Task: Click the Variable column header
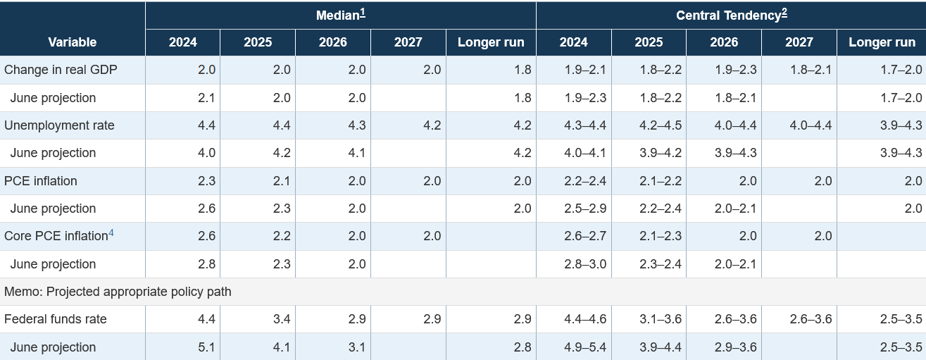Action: point(73,42)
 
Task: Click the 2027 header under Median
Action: point(408,42)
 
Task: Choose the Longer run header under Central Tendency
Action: point(882,42)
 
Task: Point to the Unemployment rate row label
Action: point(59,125)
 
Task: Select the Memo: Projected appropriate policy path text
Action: point(118,292)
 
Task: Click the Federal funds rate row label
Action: point(56,319)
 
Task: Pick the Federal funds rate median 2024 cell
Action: point(206,319)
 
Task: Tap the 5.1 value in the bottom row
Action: point(206,347)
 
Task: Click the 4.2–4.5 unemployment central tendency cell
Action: point(661,125)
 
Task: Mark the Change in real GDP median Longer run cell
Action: point(522,70)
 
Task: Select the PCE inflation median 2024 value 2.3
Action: point(206,181)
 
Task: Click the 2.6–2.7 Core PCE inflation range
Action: point(585,237)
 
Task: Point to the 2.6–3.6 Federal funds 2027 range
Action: point(811,319)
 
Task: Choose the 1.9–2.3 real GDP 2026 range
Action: point(737,70)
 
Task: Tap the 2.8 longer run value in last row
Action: point(522,347)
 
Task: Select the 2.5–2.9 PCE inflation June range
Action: point(585,209)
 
